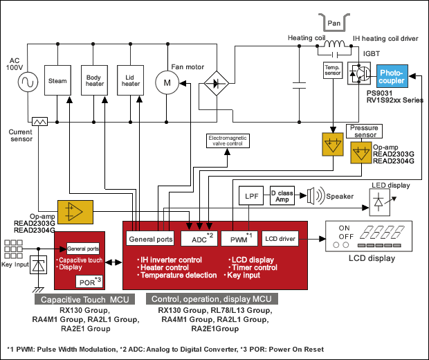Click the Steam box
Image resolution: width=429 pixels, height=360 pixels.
(x=57, y=81)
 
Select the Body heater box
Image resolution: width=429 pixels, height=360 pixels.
(x=94, y=81)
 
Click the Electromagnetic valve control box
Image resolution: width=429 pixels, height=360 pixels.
(x=230, y=142)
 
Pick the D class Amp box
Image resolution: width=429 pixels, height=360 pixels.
(x=282, y=195)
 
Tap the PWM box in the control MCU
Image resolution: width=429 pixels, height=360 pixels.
(x=241, y=240)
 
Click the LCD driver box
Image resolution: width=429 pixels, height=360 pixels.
(x=280, y=240)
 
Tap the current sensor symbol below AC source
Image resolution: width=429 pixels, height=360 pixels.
(x=39, y=121)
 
